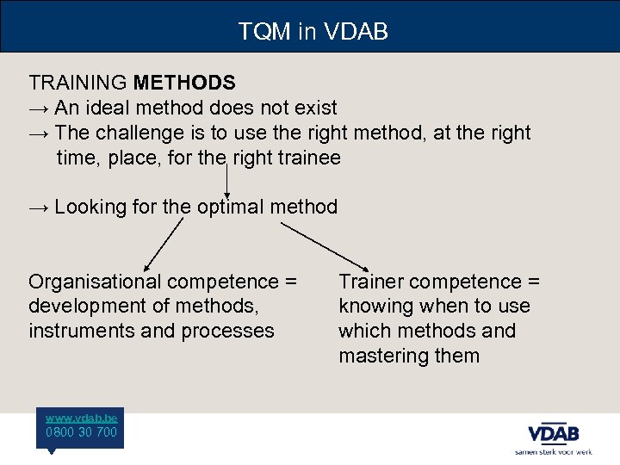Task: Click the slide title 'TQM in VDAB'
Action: pos(313,32)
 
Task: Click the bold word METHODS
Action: pos(184,83)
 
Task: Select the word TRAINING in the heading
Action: pos(78,83)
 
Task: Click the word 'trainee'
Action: pos(306,158)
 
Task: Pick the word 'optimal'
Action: pos(230,207)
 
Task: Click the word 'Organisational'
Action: pos(95,282)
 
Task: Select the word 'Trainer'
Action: pos(370,282)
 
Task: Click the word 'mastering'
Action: pos(385,356)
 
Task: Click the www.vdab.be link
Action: pos(82,418)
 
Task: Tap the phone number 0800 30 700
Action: pos(82,432)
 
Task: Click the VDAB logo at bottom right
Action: pos(553,432)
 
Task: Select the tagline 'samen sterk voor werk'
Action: pos(553,451)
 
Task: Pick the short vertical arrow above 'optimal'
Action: pos(226,179)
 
